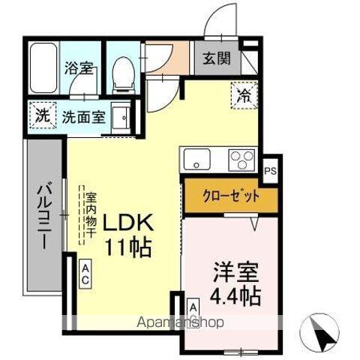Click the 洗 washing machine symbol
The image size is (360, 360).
(x=43, y=116)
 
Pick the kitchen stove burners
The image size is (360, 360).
(x=241, y=159)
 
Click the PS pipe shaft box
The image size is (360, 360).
(x=271, y=170)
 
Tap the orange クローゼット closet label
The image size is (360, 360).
(x=231, y=196)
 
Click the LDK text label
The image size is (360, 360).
(x=128, y=223)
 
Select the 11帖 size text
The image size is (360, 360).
(x=128, y=247)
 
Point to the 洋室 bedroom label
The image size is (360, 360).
(x=232, y=271)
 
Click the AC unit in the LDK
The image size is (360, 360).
(x=86, y=272)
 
